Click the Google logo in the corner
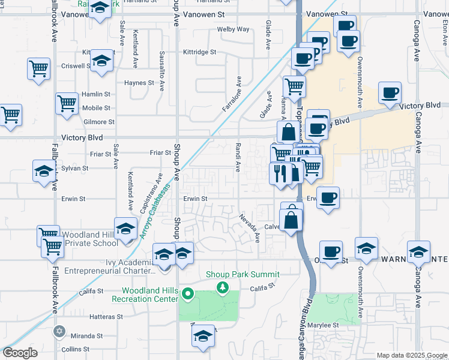(x=20, y=353)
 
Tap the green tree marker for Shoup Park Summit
(x=223, y=288)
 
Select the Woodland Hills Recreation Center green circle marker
(x=188, y=294)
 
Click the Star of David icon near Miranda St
(x=59, y=331)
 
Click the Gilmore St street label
(x=98, y=122)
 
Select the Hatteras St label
(x=106, y=316)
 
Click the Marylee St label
(x=324, y=325)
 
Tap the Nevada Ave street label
(x=249, y=228)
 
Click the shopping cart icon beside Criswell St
(x=38, y=68)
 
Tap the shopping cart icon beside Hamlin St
(x=67, y=103)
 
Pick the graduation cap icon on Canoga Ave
(x=418, y=251)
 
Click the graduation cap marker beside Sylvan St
(x=43, y=170)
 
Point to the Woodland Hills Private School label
(x=91, y=239)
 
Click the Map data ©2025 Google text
(x=412, y=355)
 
